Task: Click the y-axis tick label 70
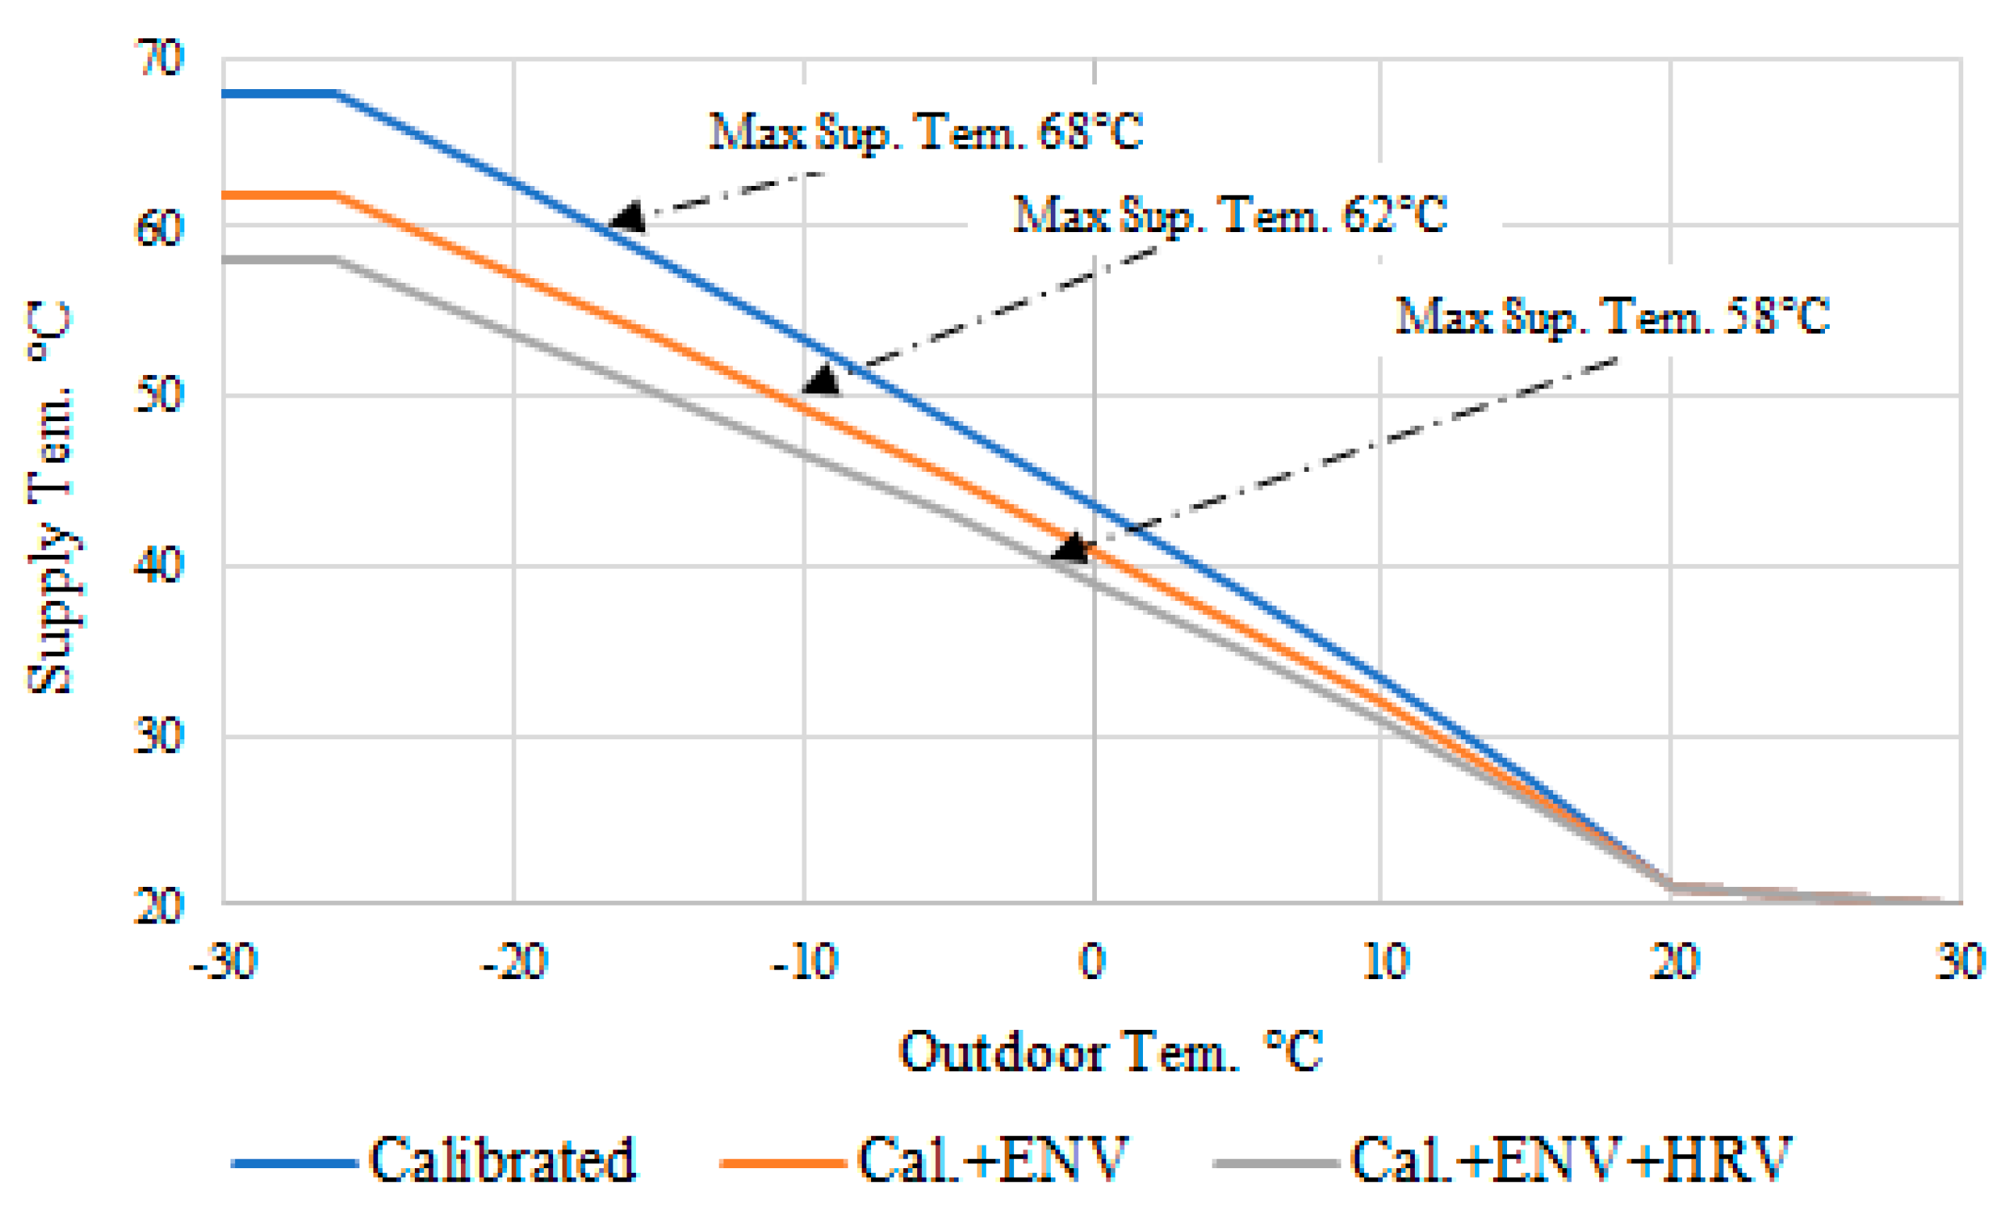[159, 59]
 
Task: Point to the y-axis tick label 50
[159, 395]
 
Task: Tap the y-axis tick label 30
[159, 736]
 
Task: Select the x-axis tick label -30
[224, 962]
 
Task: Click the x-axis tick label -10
[805, 962]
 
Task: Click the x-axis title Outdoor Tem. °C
[1110, 1053]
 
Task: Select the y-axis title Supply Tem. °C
[50, 497]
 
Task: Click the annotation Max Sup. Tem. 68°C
[925, 131]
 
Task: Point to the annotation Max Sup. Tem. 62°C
[1230, 216]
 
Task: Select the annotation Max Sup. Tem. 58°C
[1612, 316]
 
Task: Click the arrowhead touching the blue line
[627, 218]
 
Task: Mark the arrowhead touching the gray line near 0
[1070, 549]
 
